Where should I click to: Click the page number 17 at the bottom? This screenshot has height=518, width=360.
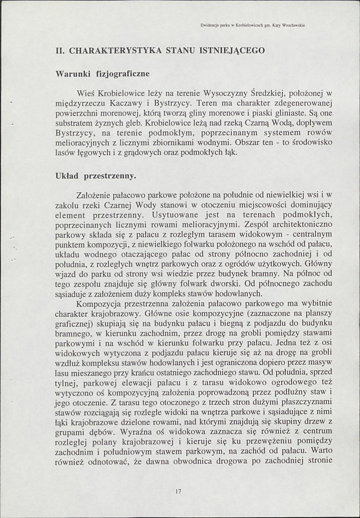pos(178,491)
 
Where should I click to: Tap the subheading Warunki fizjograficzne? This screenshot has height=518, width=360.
pos(102,74)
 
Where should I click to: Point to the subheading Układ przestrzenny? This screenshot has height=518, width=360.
pos(96,176)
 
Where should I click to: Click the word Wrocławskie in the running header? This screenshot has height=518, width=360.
pos(292,25)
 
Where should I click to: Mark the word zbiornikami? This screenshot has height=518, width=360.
pos(180,143)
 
